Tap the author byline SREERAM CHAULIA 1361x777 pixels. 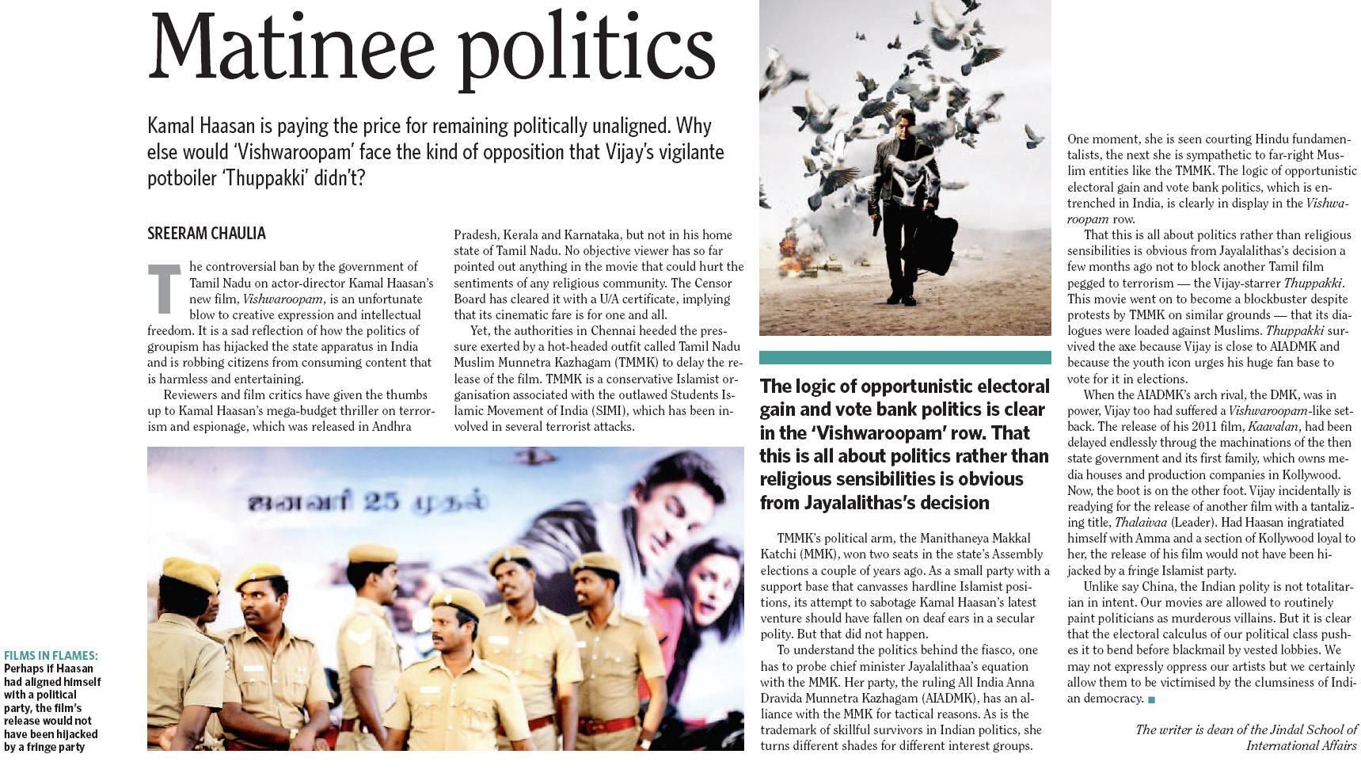point(206,234)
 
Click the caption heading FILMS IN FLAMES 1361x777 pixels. point(51,656)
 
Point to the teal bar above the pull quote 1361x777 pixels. point(904,358)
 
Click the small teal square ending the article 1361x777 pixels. point(1151,699)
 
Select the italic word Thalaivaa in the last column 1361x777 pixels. point(1140,523)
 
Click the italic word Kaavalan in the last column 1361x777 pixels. point(1273,427)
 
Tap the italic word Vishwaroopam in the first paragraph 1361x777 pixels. point(283,299)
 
